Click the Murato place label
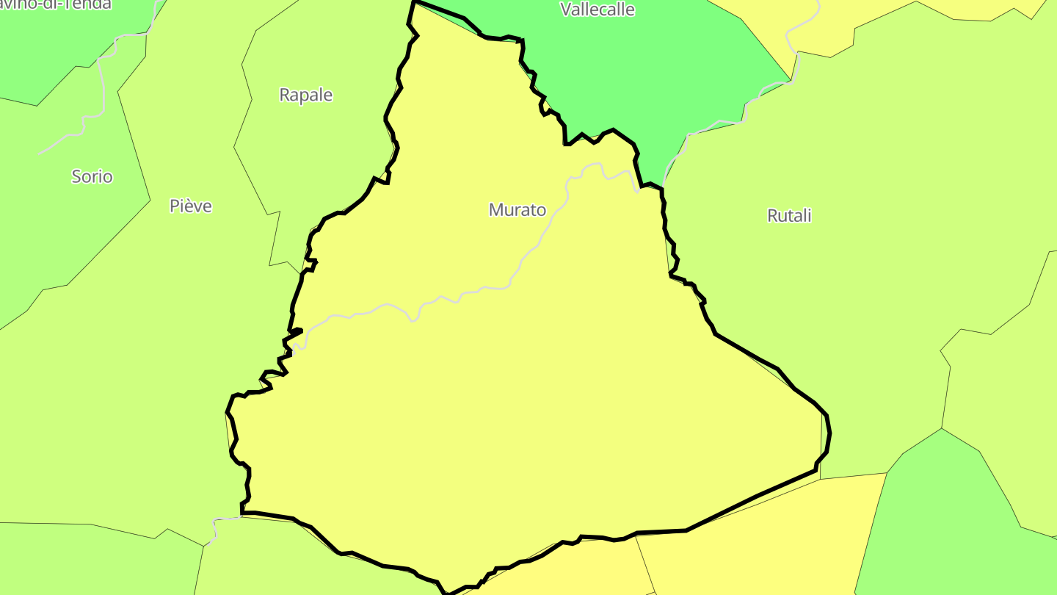pyautogui.click(x=517, y=210)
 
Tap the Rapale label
pyautogui.click(x=305, y=95)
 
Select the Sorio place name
pyautogui.click(x=92, y=176)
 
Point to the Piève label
pyautogui.click(x=191, y=206)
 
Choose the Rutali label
pyautogui.click(x=789, y=216)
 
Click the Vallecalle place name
pyautogui.click(x=597, y=10)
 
